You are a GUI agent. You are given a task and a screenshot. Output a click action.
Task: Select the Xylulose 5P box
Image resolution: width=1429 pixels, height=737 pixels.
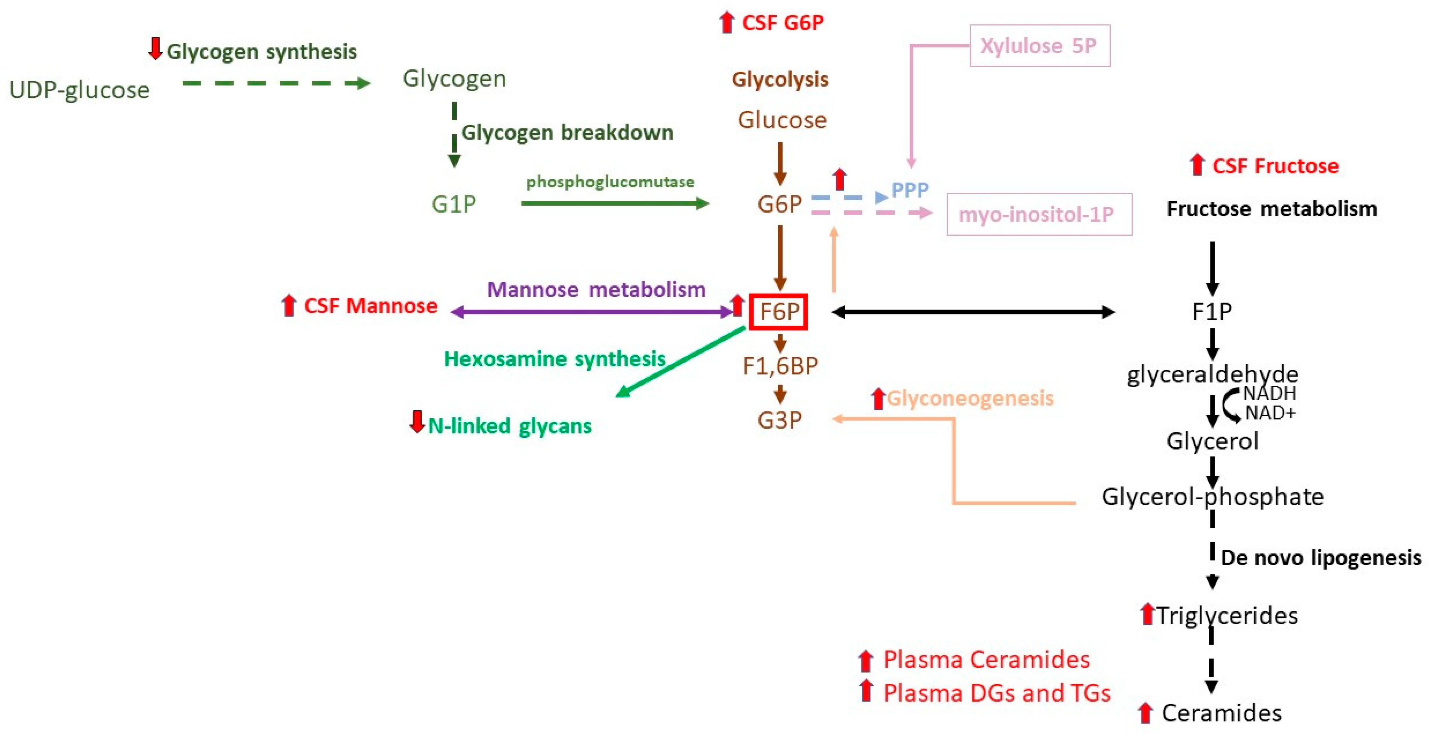1040,45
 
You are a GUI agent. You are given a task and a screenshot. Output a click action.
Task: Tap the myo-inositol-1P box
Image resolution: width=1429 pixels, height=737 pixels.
1039,214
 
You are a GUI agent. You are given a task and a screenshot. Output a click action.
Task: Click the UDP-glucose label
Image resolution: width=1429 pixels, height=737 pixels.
79,90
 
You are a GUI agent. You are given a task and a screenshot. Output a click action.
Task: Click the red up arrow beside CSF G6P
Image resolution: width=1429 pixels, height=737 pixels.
726,23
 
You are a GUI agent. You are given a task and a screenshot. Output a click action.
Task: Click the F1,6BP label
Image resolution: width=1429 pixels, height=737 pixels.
780,366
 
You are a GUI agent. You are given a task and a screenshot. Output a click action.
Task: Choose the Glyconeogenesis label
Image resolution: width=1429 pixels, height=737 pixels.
969,398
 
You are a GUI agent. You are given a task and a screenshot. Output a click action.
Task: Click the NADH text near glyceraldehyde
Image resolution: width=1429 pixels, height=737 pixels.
1269,393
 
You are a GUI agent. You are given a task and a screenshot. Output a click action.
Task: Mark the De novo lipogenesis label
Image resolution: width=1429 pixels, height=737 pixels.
1321,557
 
